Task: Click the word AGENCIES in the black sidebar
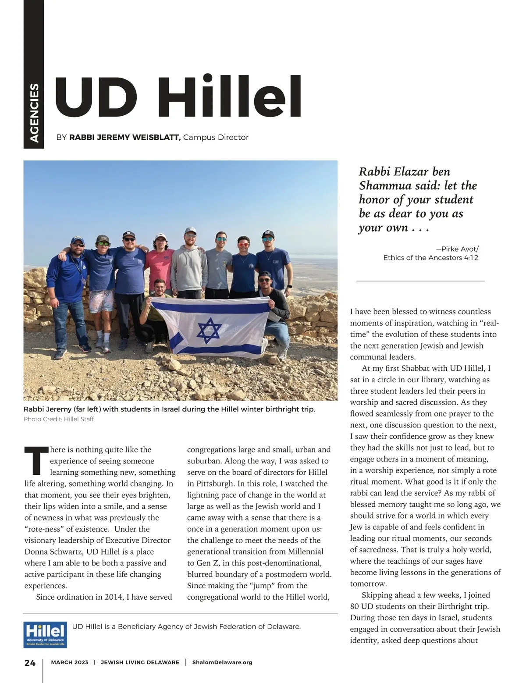tap(34, 113)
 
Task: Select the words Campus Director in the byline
tap(216, 138)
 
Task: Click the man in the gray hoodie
tap(189, 267)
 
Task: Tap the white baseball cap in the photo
tap(161, 237)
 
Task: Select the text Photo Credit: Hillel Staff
tap(59, 419)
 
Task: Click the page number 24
tap(30, 663)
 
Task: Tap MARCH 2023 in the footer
tap(70, 662)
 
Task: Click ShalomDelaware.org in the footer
tap(222, 662)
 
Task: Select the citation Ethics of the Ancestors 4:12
tap(430, 258)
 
